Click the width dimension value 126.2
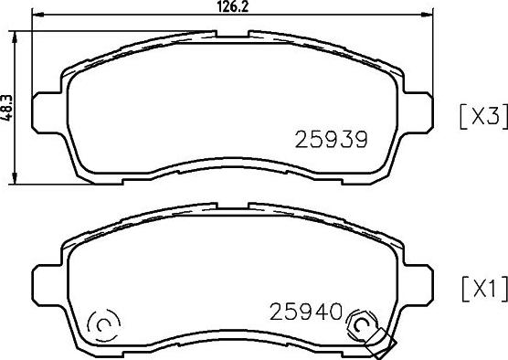tap(233, 6)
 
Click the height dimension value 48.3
tap(6, 108)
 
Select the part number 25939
tap(331, 139)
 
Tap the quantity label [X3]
tap(483, 117)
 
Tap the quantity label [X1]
tap(484, 289)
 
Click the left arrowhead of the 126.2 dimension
tap(37, 15)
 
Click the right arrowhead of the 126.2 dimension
tap(427, 15)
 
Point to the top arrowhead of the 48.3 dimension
tap(15, 37)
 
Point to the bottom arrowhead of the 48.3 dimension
tap(15, 178)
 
